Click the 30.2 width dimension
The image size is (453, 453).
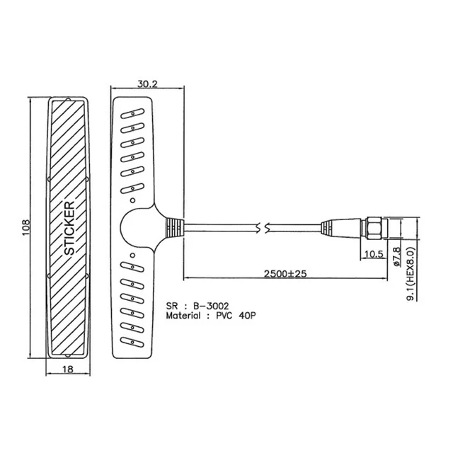tap(147, 84)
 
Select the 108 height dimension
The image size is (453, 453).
tap(25, 228)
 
